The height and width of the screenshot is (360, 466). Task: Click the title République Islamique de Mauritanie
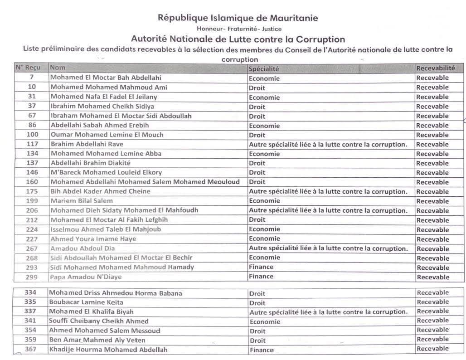tap(238, 18)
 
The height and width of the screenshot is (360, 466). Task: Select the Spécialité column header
tap(263, 68)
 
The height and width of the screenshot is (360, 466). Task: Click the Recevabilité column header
tap(435, 68)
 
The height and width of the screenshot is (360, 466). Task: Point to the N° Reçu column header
tap(28, 68)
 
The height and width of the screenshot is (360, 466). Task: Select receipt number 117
tap(32, 144)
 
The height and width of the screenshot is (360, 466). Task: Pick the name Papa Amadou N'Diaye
tap(86, 277)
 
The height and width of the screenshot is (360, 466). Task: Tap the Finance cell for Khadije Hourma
tap(261, 350)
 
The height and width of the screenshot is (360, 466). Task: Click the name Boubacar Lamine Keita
tap(86, 302)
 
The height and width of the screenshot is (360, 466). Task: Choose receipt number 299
tap(32, 277)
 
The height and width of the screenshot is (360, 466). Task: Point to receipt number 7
tap(32, 78)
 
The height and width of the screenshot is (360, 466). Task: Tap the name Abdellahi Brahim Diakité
tap(90, 163)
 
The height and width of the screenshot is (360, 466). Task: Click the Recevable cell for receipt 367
tap(432, 349)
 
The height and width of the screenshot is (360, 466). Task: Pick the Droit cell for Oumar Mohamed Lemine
tap(257, 135)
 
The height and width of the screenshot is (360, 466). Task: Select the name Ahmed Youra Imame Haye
tap(93, 239)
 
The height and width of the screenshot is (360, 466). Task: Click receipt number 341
tap(30, 321)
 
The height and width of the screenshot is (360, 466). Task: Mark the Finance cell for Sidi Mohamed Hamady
tap(261, 267)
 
